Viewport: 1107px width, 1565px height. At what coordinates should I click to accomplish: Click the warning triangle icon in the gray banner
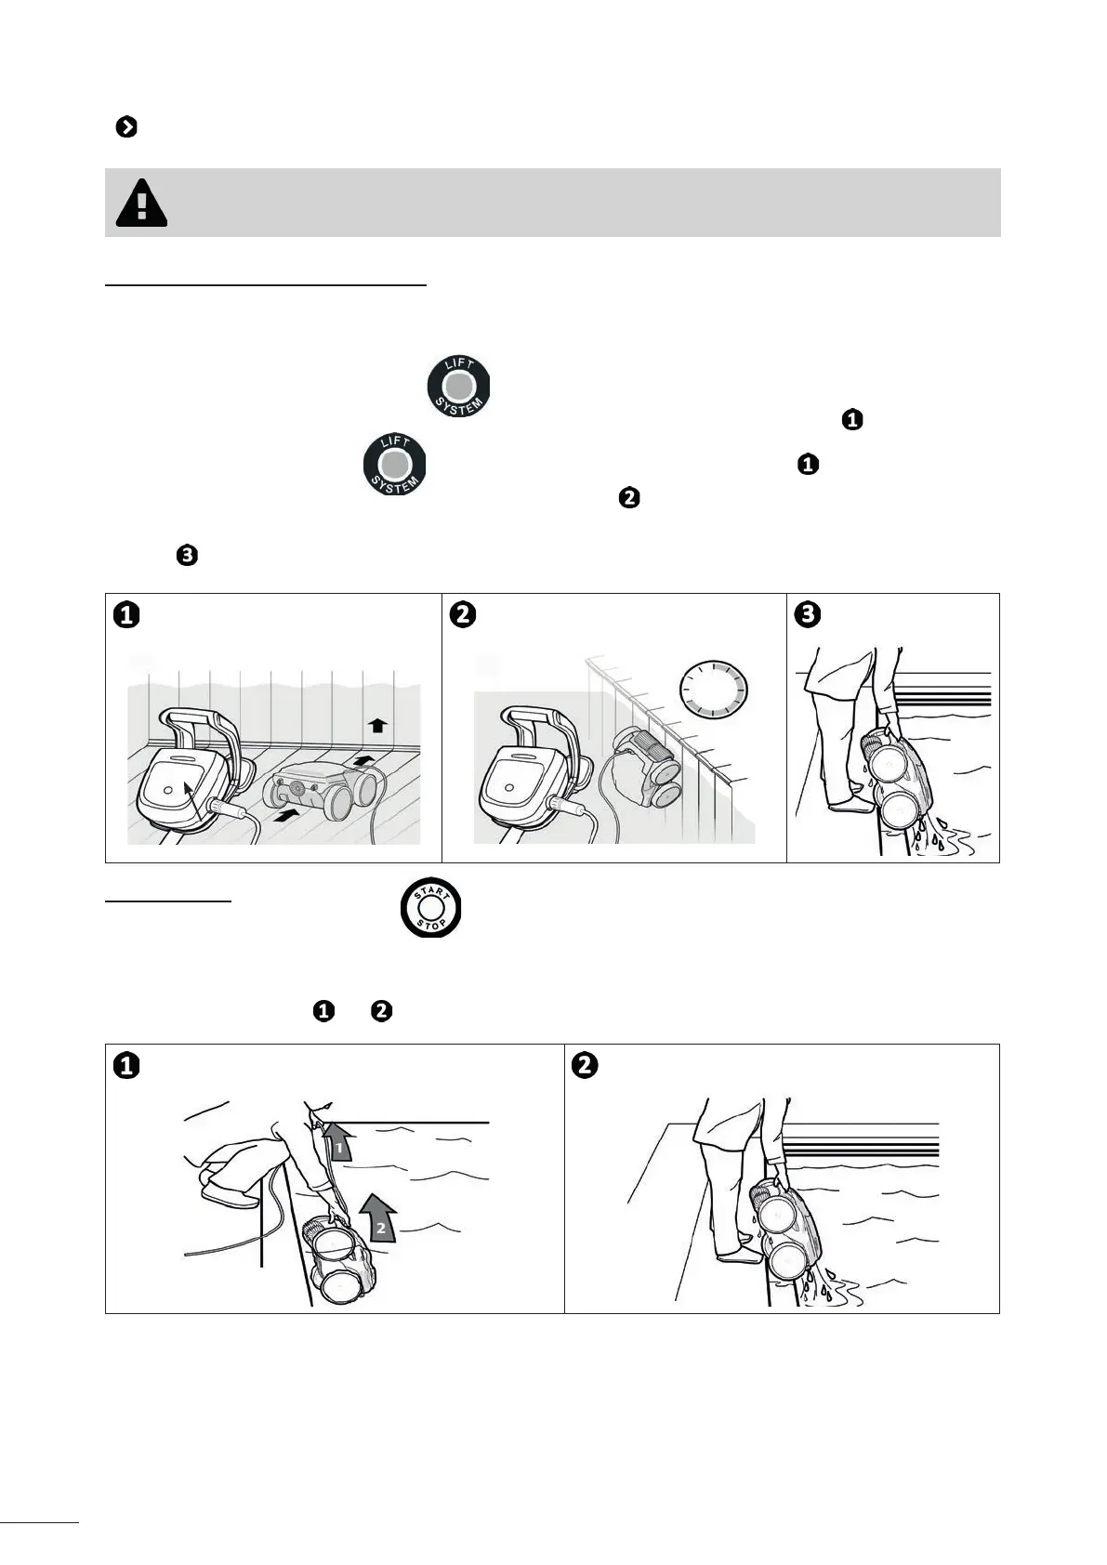[141, 203]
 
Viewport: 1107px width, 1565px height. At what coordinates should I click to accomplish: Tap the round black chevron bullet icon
[126, 127]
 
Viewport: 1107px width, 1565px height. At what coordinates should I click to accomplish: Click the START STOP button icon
[430, 908]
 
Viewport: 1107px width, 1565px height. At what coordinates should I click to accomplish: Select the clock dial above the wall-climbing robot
[714, 690]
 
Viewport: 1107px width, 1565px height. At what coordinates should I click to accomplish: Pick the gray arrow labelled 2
[379, 1217]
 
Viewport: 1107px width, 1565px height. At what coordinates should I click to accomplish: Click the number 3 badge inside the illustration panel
[807, 615]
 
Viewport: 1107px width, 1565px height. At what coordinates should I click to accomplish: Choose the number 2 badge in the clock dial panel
[463, 615]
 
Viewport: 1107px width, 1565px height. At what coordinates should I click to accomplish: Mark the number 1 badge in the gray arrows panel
[126, 1066]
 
